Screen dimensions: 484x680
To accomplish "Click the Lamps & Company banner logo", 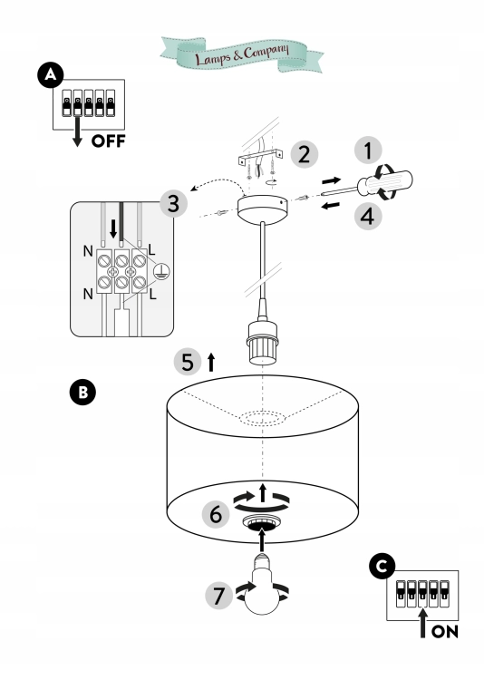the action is coord(242,53).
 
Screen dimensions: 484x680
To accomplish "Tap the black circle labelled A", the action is coord(51,75).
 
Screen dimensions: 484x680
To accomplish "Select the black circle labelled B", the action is coord(82,393).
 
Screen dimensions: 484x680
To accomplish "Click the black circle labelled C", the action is coord(382,567).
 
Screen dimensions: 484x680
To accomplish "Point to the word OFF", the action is coord(109,141).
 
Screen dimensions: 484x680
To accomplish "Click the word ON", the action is coord(445,631).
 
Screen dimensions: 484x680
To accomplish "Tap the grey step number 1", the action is coord(368,151).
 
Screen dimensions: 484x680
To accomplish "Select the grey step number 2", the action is coord(304,154).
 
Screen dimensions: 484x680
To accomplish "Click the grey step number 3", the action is coord(173,203).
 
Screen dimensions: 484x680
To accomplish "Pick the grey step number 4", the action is coord(368,216).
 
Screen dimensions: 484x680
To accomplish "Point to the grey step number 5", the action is coord(188,362).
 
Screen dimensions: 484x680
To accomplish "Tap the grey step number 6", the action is coord(216,514).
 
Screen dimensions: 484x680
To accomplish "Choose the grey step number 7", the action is coord(219,595).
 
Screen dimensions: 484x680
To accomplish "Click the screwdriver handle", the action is coord(385,182).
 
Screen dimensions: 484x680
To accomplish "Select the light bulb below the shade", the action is coord(262,585).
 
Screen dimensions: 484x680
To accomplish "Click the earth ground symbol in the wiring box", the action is coord(161,271).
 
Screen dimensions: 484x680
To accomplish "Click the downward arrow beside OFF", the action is coord(77,130).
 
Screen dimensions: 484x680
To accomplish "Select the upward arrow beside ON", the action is coord(423,622).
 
